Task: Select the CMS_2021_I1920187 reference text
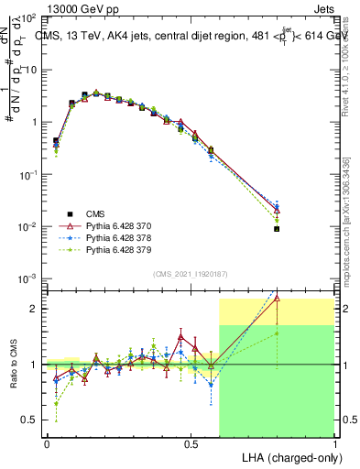tap(190, 273)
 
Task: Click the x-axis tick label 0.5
tap(191, 443)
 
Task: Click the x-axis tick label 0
tap(47, 443)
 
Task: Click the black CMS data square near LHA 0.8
tap(277, 229)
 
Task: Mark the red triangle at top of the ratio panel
tap(277, 298)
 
